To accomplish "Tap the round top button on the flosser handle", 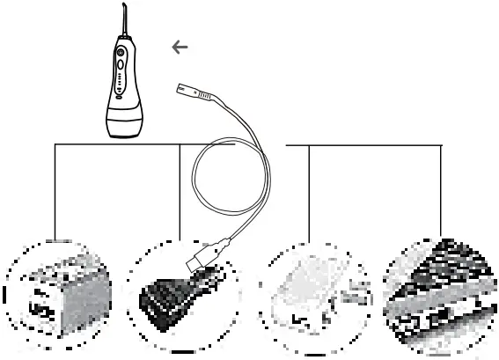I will pos(121,52).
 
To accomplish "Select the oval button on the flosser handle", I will pos(121,65).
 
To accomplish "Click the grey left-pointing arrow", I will pos(180,48).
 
